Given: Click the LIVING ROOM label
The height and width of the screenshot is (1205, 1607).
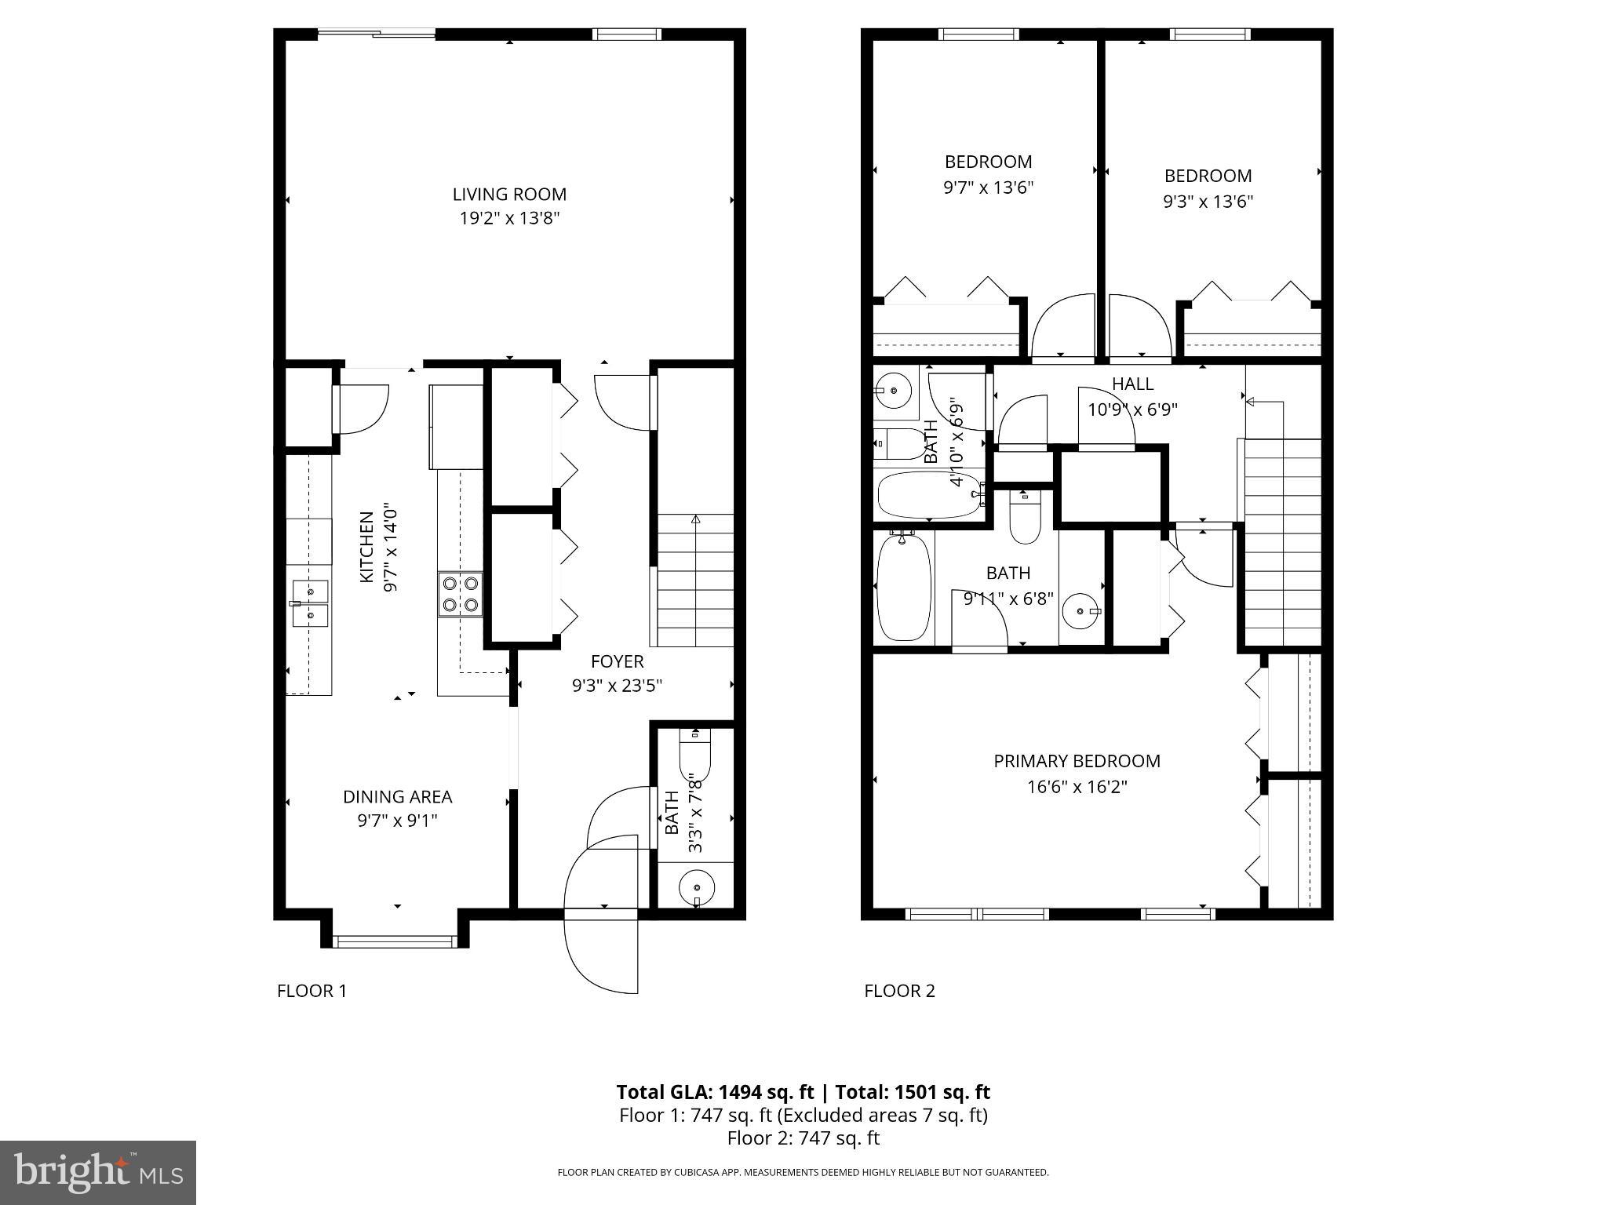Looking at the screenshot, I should pyautogui.click(x=509, y=195).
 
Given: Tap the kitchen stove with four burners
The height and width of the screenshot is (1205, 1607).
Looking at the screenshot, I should pyautogui.click(x=461, y=594).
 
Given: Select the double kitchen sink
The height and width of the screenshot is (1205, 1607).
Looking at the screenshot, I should pyautogui.click(x=311, y=603).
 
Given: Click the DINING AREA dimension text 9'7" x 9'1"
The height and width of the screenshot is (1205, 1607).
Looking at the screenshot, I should pyautogui.click(x=397, y=821).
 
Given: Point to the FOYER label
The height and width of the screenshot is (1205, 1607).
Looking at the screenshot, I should pyautogui.click(x=617, y=661).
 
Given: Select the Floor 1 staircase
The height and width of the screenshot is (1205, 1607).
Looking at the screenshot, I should pyautogui.click(x=694, y=581).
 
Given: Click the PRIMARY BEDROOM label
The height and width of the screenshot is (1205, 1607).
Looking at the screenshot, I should pyautogui.click(x=1077, y=761).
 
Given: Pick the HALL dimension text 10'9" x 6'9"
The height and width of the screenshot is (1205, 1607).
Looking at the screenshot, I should pyautogui.click(x=1132, y=410).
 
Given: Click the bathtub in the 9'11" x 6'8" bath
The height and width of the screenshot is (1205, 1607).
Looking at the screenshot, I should pyautogui.click(x=903, y=586).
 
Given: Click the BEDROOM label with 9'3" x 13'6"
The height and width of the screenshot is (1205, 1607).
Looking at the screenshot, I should pyautogui.click(x=1208, y=176).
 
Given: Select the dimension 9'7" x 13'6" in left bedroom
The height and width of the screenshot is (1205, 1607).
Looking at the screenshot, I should pyautogui.click(x=988, y=187).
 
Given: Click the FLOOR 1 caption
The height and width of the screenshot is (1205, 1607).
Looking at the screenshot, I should pyautogui.click(x=312, y=991).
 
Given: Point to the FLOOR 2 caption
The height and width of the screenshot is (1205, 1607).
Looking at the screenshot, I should pyautogui.click(x=899, y=991).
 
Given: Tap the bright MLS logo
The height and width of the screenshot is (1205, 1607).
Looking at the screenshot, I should pyautogui.click(x=98, y=1173).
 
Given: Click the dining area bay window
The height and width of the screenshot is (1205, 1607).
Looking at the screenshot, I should pyautogui.click(x=395, y=941).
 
